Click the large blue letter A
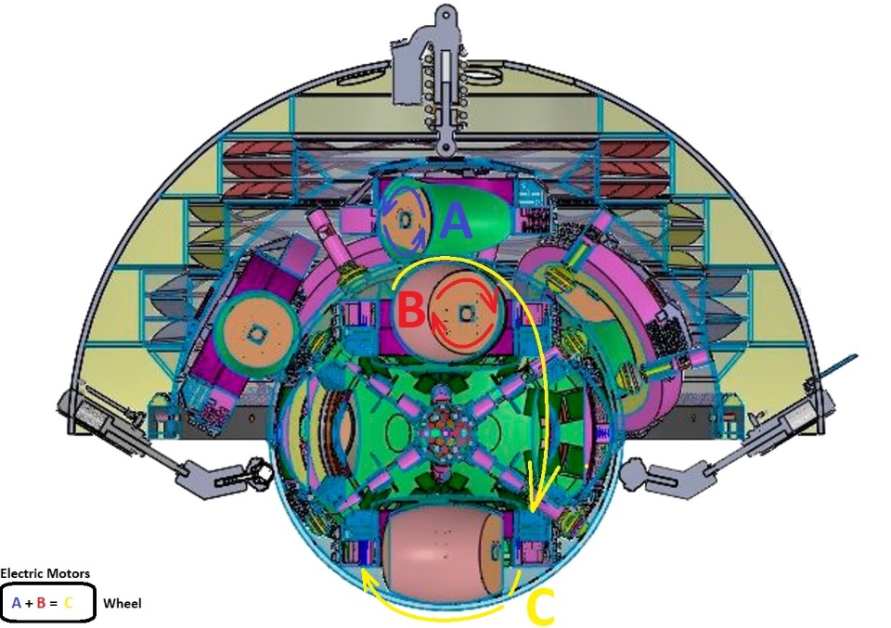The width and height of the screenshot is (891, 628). click(x=456, y=221)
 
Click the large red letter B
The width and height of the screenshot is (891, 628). click(x=411, y=310)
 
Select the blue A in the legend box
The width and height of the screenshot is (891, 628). click(x=16, y=603)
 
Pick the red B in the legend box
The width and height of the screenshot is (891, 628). click(x=40, y=603)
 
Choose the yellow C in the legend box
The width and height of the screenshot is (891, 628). click(x=68, y=603)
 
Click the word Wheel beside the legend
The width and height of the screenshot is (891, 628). click(x=123, y=603)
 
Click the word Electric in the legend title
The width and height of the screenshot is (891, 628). click(x=21, y=573)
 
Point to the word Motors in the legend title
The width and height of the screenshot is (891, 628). click(x=68, y=573)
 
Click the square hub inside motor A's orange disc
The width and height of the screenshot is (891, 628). click(x=405, y=220)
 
